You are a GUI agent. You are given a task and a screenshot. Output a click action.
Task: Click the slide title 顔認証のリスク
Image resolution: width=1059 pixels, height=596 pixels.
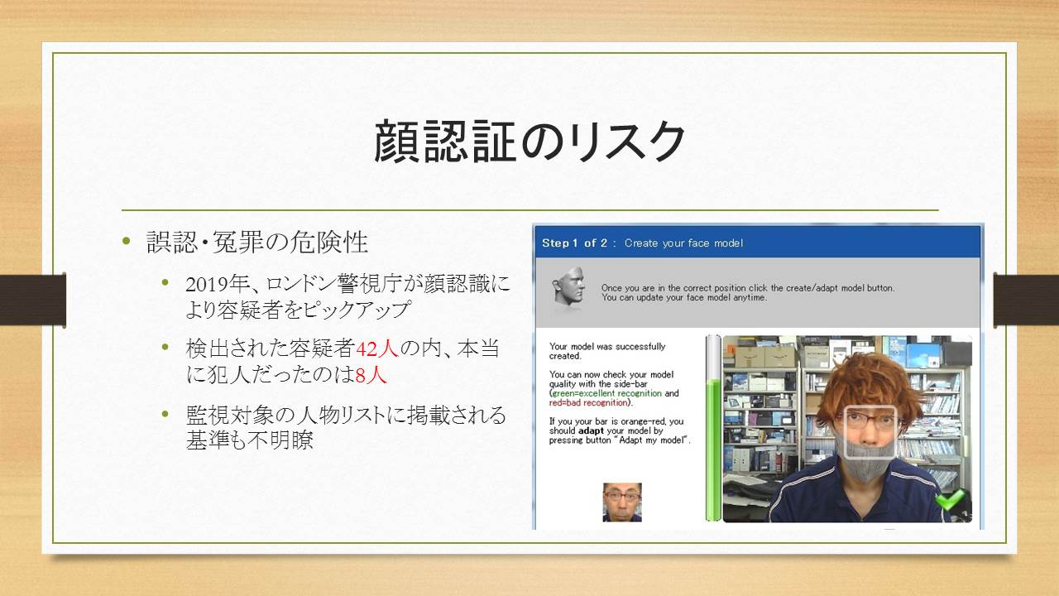pyautogui.click(x=529, y=142)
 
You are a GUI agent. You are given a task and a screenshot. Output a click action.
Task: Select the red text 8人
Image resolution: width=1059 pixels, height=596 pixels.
pyautogui.click(x=371, y=375)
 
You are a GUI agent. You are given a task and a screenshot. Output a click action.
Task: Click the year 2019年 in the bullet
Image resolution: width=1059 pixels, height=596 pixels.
pyautogui.click(x=217, y=285)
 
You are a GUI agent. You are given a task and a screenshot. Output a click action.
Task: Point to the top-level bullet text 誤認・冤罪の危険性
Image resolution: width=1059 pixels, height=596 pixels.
pyautogui.click(x=257, y=243)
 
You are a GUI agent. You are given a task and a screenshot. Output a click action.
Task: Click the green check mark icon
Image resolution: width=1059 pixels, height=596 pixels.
pyautogui.click(x=950, y=498)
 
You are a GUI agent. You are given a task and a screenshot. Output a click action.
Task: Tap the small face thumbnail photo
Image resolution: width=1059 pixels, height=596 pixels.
pyautogui.click(x=622, y=502)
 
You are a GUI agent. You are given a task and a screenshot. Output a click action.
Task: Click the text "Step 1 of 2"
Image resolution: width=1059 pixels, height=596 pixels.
pyautogui.click(x=574, y=243)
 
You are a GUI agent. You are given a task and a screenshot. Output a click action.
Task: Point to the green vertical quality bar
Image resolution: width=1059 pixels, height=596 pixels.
pyautogui.click(x=713, y=449)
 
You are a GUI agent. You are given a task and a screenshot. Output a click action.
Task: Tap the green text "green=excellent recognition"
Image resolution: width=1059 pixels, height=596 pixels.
pyautogui.click(x=607, y=393)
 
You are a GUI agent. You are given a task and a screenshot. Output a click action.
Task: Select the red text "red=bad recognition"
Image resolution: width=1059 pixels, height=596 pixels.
pyautogui.click(x=588, y=403)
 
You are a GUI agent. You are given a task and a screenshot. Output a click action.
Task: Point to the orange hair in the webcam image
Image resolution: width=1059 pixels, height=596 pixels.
pyautogui.click(x=869, y=383)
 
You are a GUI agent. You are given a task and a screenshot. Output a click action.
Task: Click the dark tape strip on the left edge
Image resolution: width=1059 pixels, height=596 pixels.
pyautogui.click(x=32, y=300)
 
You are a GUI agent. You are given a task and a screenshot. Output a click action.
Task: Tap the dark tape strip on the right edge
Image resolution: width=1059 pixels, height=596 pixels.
pyautogui.click(x=1026, y=300)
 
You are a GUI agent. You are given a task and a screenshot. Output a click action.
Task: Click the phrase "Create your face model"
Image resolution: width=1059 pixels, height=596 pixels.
pyautogui.click(x=683, y=243)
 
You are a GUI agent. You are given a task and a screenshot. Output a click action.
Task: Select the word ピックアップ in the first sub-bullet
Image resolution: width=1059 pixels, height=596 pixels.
pyautogui.click(x=356, y=310)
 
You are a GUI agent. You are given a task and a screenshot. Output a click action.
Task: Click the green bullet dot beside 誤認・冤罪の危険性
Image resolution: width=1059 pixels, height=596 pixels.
pyautogui.click(x=126, y=241)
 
